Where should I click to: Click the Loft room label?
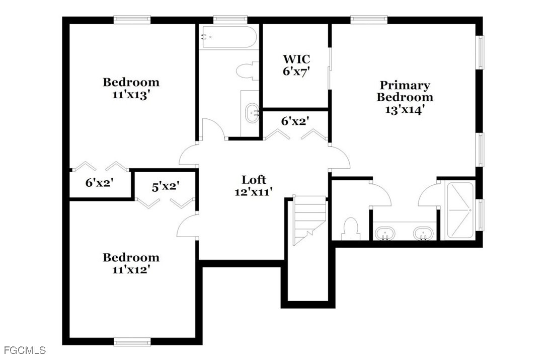pyautogui.click(x=254, y=180)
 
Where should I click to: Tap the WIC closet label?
pyautogui.click(x=296, y=58)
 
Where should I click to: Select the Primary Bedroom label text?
pyautogui.click(x=405, y=91)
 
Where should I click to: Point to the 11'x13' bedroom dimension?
pyautogui.click(x=131, y=95)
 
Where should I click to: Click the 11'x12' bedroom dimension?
pyautogui.click(x=131, y=270)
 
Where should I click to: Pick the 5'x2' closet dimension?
pyautogui.click(x=166, y=187)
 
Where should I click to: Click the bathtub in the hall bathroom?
pyautogui.click(x=228, y=37)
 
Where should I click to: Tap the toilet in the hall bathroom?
pyautogui.click(x=247, y=71)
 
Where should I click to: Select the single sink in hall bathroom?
pyautogui.click(x=252, y=113)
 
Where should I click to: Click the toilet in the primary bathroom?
pyautogui.click(x=351, y=229)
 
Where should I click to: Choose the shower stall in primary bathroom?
pyautogui.click(x=460, y=210)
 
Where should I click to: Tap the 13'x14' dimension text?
pyautogui.click(x=405, y=110)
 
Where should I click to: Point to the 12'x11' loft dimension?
pyautogui.click(x=254, y=192)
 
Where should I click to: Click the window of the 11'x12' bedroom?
pyautogui.click(x=132, y=341)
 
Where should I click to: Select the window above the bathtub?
pyautogui.click(x=230, y=20)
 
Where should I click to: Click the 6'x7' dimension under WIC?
pyautogui.click(x=296, y=71)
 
